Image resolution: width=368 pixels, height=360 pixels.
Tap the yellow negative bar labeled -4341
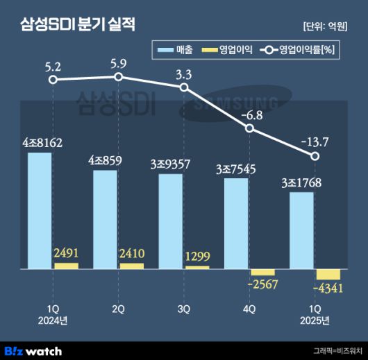[x=328, y=274]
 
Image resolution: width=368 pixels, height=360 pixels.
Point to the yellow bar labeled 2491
[x=66, y=266]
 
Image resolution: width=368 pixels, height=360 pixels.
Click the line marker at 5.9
[x=119, y=77]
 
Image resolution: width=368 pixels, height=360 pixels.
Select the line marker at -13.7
[x=315, y=157]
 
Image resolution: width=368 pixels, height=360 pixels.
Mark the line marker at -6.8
[x=250, y=128]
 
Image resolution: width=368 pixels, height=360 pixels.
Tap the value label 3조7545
[x=237, y=169]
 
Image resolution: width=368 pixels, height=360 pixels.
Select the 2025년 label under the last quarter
[x=315, y=320]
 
